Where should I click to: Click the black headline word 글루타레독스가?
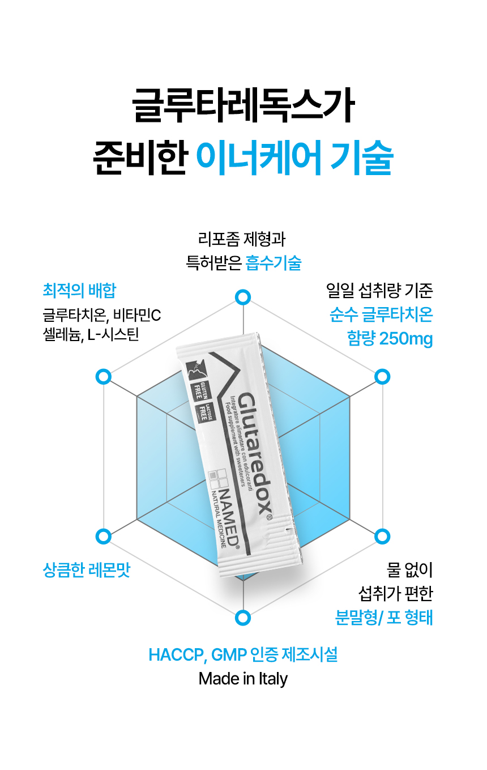(244, 105)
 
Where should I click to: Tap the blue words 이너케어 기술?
(294, 156)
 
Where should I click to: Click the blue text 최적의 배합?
(79, 291)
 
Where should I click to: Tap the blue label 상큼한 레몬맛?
(87, 569)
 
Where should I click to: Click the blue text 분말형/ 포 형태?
(384, 617)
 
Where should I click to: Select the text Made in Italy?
(243, 678)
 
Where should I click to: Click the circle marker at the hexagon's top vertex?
(243, 297)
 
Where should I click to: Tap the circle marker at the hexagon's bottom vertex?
(243, 618)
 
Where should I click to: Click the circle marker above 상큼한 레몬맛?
(103, 536)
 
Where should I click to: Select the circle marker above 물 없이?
(383, 536)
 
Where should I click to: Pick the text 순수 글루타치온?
(381, 314)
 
